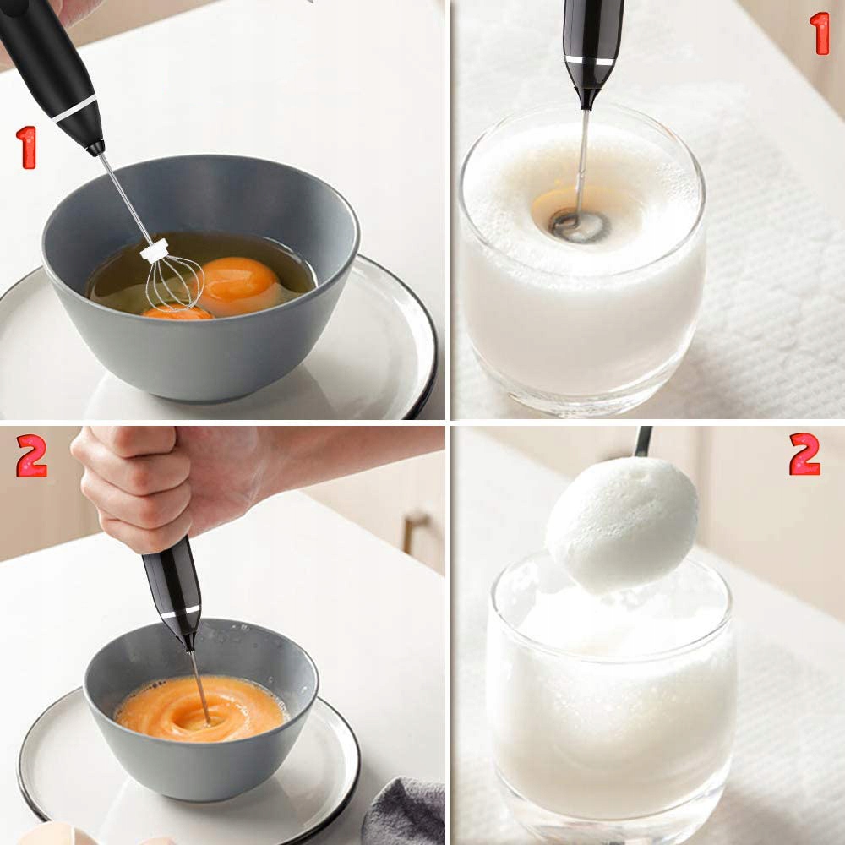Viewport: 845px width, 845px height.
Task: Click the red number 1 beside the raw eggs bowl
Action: pyautogui.click(x=26, y=148)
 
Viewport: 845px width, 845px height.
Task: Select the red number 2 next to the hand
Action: pyautogui.click(x=32, y=456)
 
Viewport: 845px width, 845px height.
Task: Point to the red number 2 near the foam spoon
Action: pyautogui.click(x=804, y=454)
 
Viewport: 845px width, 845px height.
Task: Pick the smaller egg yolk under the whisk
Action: pyautogui.click(x=177, y=312)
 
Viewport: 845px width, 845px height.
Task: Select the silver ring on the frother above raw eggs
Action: pyautogui.click(x=76, y=109)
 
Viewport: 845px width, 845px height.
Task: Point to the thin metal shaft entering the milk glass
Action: pyautogui.click(x=582, y=161)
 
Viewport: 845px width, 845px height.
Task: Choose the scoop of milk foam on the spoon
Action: pyautogui.click(x=622, y=525)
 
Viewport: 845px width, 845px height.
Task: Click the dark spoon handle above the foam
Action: pyautogui.click(x=643, y=441)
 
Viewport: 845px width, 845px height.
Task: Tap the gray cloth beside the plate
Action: pyautogui.click(x=404, y=811)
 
